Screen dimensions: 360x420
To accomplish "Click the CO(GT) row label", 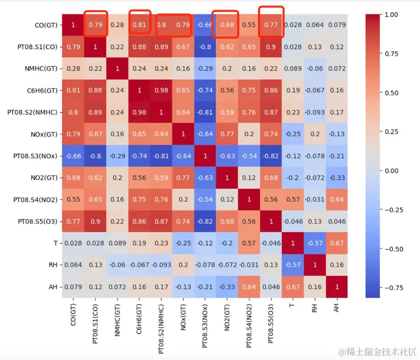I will point(46,25).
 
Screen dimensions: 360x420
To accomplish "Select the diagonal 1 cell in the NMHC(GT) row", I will point(118,69).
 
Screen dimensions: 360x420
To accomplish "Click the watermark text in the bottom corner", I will point(379,351).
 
